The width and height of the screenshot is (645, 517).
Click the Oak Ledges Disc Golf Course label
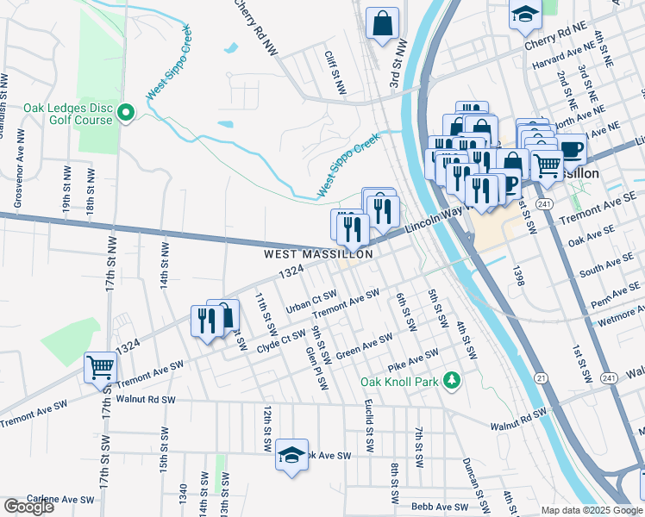(x=68, y=114)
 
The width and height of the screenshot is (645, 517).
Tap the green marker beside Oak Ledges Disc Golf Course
(x=126, y=112)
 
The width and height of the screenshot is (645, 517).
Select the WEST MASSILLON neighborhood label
(x=318, y=254)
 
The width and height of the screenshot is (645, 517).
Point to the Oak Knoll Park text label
(x=399, y=381)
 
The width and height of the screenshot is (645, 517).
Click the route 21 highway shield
(x=541, y=377)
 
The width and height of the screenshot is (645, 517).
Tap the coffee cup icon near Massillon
(x=571, y=147)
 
